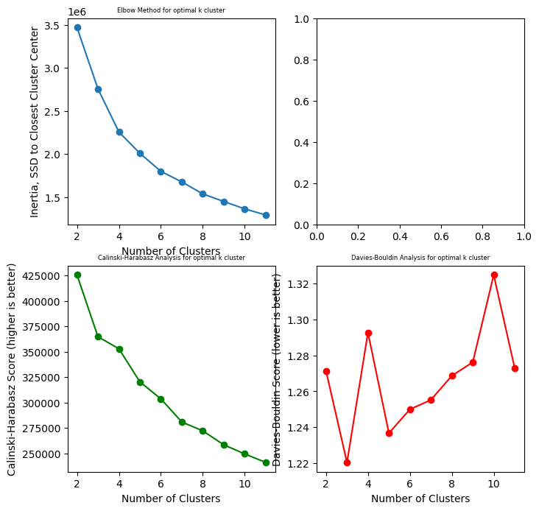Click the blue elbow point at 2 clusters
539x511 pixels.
[77, 27]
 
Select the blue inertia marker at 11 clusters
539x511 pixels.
[266, 215]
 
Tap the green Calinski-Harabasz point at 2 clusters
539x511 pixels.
[77, 275]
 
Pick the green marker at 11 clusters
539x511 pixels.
[266, 462]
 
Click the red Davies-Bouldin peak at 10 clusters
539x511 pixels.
[494, 275]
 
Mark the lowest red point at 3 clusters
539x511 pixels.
[347, 462]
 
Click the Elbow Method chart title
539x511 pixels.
[171, 10]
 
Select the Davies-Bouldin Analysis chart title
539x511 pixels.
[420, 258]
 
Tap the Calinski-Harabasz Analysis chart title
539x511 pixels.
[171, 258]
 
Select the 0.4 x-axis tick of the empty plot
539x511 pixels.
[400, 237]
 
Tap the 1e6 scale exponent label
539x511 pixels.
[77, 12]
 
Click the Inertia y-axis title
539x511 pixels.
[35, 121]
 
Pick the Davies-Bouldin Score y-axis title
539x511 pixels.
[278, 369]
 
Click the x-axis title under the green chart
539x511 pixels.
[171, 498]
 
